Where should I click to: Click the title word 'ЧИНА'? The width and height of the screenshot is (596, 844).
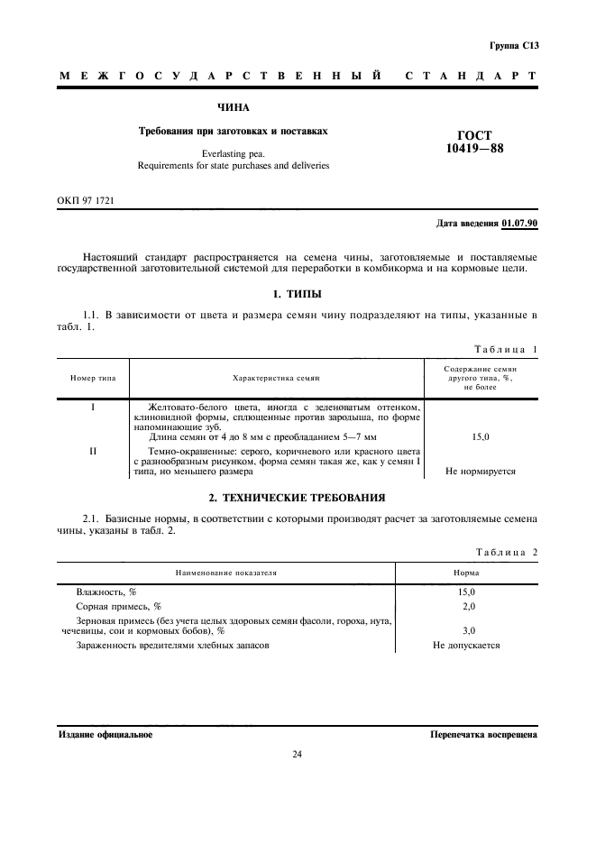pos(219,107)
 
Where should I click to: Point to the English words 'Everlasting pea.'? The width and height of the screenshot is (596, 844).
pos(233,153)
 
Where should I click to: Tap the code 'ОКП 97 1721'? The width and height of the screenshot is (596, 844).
pos(87,198)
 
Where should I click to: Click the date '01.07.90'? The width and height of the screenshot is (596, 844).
pos(519,222)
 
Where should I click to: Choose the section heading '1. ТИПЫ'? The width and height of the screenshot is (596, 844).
pos(298,294)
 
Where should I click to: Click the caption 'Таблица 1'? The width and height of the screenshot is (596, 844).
pos(505,349)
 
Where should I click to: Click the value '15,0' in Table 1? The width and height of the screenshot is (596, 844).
pos(481,437)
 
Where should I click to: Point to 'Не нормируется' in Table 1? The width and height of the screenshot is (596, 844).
pos(481,471)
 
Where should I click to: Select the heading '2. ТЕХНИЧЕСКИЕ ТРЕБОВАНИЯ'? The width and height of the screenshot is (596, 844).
pos(298,497)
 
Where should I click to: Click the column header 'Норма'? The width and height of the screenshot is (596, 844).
pos(466,573)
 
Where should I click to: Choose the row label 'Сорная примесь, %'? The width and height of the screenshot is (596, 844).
pos(119,606)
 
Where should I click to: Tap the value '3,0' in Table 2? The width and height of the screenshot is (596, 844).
pos(467,631)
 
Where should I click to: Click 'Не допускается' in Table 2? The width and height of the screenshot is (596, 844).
pos(466,645)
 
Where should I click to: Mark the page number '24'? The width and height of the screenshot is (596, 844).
pos(298,755)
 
